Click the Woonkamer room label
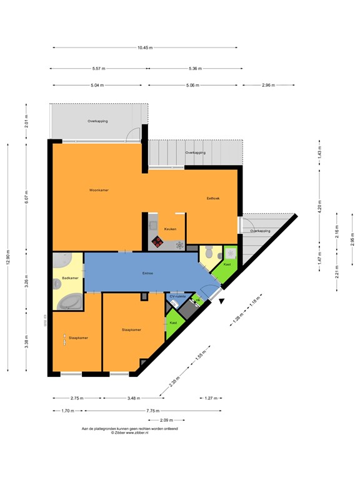(x=99, y=190)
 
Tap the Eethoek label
(x=213, y=199)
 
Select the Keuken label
(x=170, y=229)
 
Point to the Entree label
(x=148, y=273)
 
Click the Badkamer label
(x=70, y=278)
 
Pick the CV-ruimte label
(x=178, y=296)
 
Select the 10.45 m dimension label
(x=145, y=47)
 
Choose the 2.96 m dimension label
(x=269, y=85)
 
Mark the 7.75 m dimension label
(x=152, y=411)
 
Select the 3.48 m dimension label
(x=132, y=397)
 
